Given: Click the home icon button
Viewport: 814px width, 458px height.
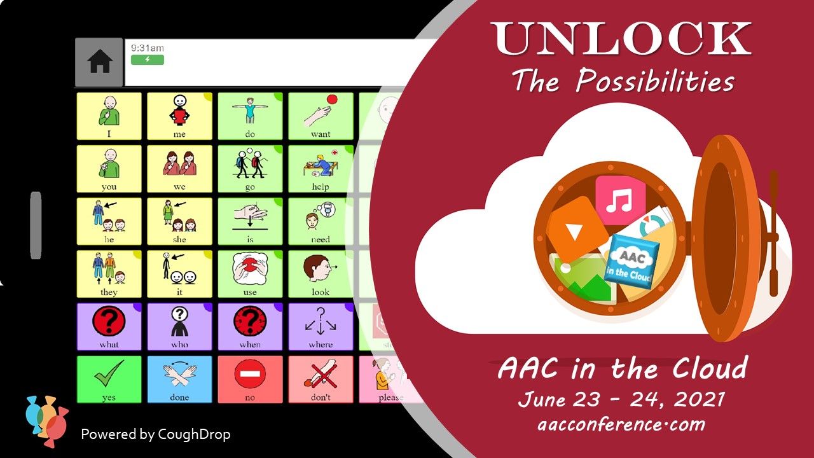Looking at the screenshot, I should coord(100,62).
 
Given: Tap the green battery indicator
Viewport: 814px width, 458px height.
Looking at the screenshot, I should coord(148,60).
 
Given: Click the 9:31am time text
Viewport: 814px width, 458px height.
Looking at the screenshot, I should coord(147,48).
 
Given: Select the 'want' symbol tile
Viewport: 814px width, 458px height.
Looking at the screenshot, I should coord(321,116).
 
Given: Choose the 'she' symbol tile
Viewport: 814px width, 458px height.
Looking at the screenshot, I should coord(179,221).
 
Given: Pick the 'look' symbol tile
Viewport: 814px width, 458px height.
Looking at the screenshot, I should coord(321,274).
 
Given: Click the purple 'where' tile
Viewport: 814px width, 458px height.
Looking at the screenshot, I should coord(321,327).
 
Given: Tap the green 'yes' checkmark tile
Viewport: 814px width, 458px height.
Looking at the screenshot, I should coord(109,379).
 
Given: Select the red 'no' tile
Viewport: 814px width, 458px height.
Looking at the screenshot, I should coord(250,379).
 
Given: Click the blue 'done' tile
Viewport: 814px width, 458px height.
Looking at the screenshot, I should coord(179,379).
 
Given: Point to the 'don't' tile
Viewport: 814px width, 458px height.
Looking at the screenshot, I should coord(321,379).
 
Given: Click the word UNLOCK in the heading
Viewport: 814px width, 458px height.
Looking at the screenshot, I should coord(620,39).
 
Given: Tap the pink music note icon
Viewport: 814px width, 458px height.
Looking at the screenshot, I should coord(620,201).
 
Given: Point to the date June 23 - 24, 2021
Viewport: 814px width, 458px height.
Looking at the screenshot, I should coord(621,399).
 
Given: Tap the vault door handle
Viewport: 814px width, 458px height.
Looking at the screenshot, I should coord(773,235).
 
